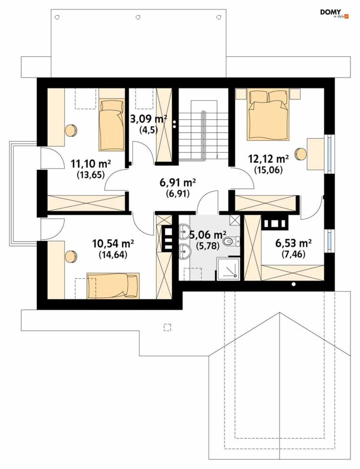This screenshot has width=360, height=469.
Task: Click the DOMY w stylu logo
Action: click(334, 14)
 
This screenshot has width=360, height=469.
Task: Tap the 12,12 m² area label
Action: click(268, 159)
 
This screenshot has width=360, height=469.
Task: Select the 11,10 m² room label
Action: click(91, 164)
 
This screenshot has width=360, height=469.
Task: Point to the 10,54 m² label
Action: click(113, 244)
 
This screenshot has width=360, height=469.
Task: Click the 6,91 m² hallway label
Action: click(178, 183)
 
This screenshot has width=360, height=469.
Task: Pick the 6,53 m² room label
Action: click(293, 243)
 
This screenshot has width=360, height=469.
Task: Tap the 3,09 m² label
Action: click(148, 119)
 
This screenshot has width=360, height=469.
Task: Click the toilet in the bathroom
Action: click(231, 241)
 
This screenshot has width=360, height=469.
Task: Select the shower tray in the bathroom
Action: click(228, 269)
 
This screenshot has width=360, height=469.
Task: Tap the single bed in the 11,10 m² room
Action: click(112, 125)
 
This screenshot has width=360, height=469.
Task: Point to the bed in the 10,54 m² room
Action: click(113, 286)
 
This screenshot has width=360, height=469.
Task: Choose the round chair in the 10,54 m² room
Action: click(71, 257)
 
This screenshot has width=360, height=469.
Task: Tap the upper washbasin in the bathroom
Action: click(185, 231)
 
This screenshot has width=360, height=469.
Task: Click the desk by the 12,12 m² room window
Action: click(315, 154)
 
